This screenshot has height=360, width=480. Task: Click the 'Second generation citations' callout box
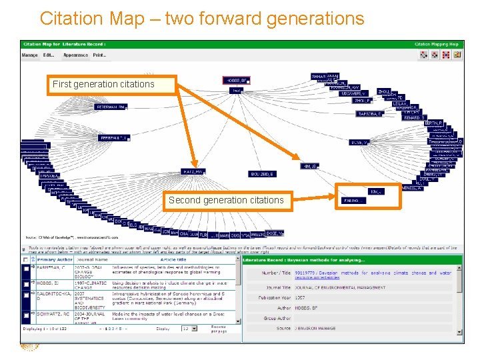[x=225, y=200]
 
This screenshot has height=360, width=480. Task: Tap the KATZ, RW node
[x=193, y=172]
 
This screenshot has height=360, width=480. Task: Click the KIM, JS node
[x=310, y=166]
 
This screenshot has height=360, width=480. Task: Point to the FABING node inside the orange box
[x=351, y=200]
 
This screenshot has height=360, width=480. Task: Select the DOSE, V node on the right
[x=360, y=142]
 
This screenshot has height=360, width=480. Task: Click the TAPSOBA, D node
[x=370, y=114]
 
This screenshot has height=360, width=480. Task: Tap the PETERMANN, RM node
[x=111, y=107]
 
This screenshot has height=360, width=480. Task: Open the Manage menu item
[x=30, y=55]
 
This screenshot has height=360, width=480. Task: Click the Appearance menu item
[x=75, y=55]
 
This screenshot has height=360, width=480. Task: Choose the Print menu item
[x=99, y=55]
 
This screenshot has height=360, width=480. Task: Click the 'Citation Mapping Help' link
[x=436, y=44]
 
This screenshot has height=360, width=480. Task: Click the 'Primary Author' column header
[x=52, y=261]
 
